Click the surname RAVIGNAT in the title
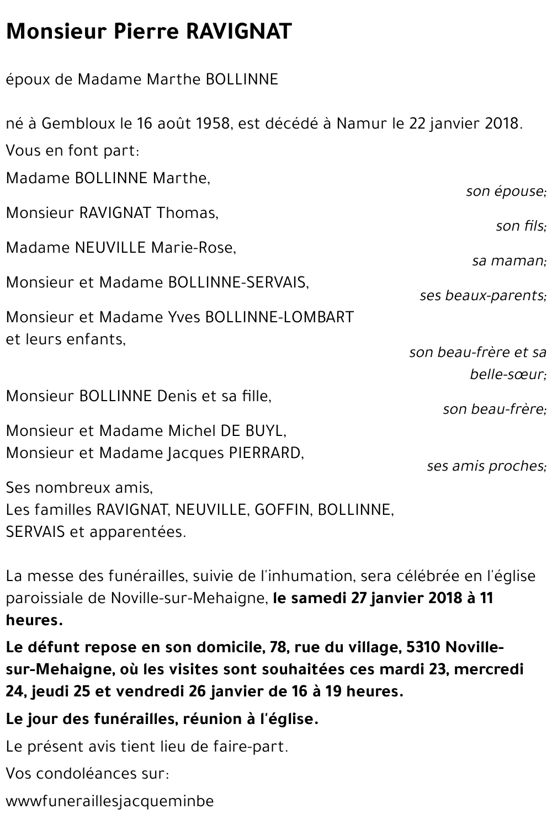click(x=238, y=33)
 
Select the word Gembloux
click(x=77, y=123)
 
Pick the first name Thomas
click(x=186, y=212)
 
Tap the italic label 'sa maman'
click(x=508, y=260)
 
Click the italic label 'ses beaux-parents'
click(x=482, y=295)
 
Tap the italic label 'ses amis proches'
click(x=486, y=466)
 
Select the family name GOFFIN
click(x=281, y=510)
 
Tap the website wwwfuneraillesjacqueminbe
click(x=109, y=801)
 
